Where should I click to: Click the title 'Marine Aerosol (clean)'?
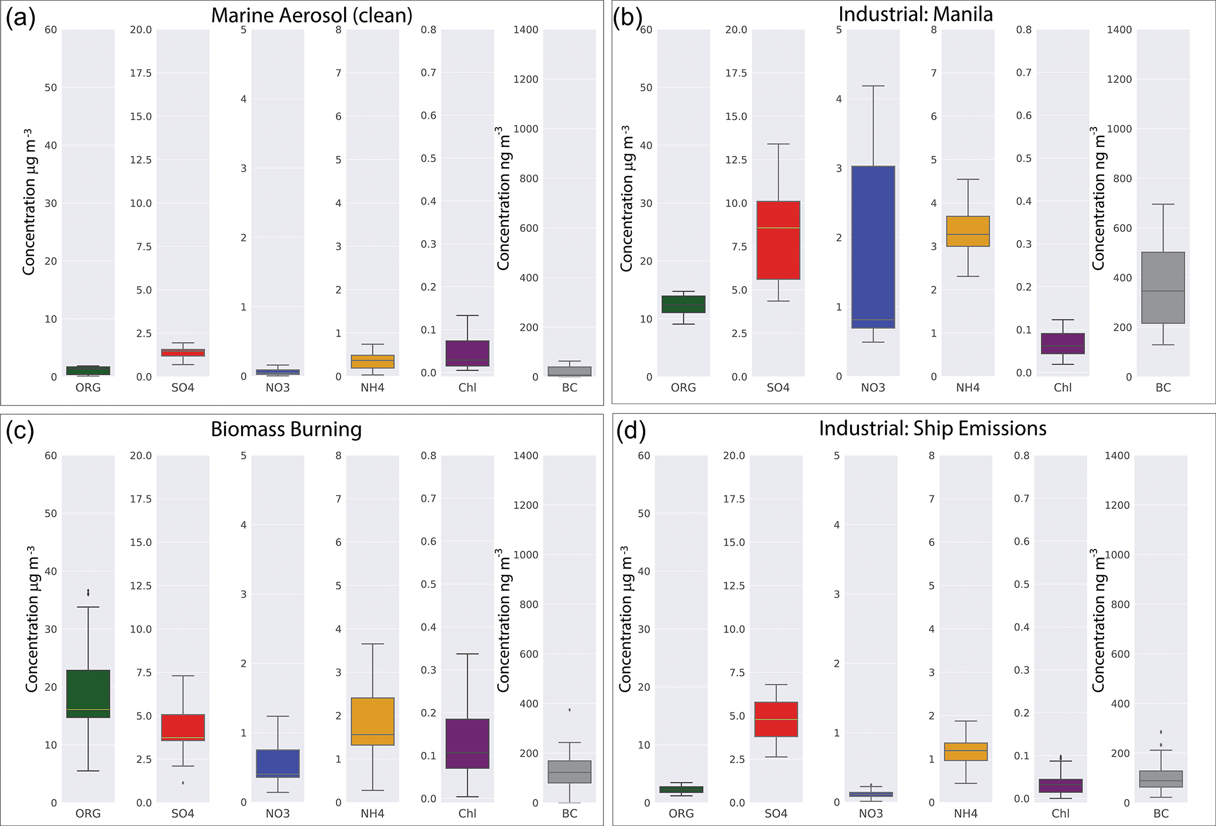311,15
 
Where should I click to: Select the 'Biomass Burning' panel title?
286,429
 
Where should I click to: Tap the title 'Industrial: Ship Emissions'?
932,428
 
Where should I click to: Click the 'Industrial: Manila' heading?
915,14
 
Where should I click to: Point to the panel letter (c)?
19,431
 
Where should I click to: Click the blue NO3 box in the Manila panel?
873,247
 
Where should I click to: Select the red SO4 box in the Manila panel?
778,240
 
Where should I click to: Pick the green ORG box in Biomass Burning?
88,694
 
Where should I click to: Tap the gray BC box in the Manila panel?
1163,288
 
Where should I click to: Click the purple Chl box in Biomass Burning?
467,744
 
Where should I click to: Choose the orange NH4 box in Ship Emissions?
965,752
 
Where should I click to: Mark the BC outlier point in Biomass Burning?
569,710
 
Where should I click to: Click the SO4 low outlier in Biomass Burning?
183,783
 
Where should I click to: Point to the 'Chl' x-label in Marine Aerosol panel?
467,388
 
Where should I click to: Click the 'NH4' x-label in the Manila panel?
967,388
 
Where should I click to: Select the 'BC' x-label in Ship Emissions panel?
1161,814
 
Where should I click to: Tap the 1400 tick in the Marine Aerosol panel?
526,30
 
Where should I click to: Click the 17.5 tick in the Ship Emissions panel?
734,499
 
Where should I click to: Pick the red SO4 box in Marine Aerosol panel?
183,352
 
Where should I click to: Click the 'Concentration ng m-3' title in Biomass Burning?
503,621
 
